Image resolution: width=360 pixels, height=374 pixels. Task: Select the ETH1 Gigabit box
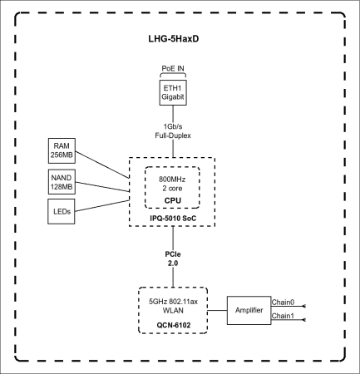pos(172,92)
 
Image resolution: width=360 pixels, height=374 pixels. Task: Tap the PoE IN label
pos(172,69)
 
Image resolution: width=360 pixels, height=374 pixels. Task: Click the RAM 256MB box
pos(62,150)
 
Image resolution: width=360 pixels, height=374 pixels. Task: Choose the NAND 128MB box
pos(62,182)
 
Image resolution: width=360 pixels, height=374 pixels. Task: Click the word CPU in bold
pos(172,199)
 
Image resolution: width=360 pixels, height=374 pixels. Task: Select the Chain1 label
pos(284,317)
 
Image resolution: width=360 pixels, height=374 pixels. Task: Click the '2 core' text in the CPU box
pos(172,188)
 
